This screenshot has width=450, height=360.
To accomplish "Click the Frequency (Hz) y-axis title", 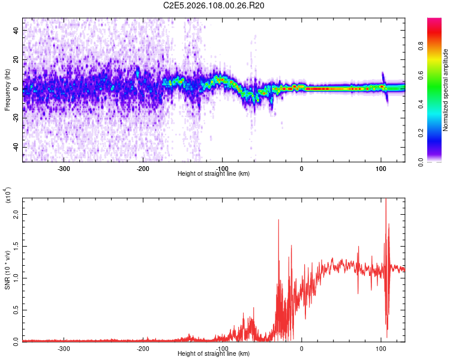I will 7,90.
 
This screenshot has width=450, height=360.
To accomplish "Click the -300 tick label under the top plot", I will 64,169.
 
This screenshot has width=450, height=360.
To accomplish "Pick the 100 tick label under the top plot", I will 380,169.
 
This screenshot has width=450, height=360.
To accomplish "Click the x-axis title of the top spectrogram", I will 214,174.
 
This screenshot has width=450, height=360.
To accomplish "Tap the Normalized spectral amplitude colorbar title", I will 446,90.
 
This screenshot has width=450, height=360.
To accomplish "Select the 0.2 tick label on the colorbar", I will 438,133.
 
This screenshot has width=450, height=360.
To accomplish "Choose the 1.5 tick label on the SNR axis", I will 15,245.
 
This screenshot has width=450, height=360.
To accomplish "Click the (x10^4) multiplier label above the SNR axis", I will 7,196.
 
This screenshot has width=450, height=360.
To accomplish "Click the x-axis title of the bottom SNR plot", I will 214,354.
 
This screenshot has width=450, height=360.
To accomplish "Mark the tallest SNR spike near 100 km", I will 386,200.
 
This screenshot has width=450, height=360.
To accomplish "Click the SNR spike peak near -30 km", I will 279,220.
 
